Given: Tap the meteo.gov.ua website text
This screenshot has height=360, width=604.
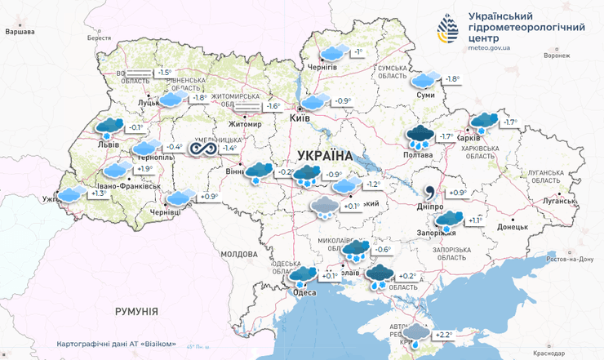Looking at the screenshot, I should (x=491, y=48).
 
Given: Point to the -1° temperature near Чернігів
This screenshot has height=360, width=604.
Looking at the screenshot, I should (x=358, y=52).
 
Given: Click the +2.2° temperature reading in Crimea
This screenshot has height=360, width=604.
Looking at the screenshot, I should (x=444, y=335).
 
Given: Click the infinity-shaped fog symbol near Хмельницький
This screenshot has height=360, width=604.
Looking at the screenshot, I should (x=201, y=148).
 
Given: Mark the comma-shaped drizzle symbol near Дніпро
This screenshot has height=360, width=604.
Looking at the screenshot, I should (x=429, y=193).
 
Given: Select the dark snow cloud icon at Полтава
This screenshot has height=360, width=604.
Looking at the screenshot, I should (x=421, y=136).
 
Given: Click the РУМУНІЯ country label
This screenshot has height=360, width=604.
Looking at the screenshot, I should (x=136, y=311).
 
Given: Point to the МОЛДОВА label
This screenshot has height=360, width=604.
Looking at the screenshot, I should (x=239, y=254).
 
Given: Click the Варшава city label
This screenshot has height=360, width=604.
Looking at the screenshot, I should (x=20, y=32).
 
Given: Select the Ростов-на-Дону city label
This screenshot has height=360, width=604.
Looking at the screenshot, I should (x=570, y=259).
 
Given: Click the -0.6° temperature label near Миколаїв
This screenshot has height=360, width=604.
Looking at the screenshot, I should (x=383, y=249).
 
